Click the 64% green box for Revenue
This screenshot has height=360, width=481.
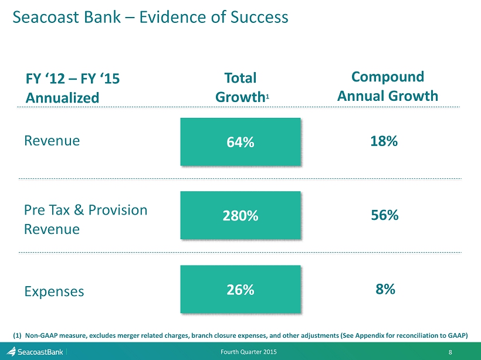click(240, 142)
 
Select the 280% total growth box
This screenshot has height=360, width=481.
click(240, 215)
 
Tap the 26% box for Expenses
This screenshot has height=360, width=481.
click(240, 289)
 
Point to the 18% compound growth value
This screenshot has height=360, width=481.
click(384, 141)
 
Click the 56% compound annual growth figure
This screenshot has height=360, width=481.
click(385, 215)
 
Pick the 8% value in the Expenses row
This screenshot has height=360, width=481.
click(385, 289)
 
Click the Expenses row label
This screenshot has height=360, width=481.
click(54, 291)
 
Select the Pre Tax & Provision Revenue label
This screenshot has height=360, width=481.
click(86, 219)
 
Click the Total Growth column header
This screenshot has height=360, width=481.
click(242, 87)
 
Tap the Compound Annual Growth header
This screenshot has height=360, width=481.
click(387, 86)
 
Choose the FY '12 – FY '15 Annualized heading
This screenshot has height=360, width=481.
click(72, 88)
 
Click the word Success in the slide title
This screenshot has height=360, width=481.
click(259, 17)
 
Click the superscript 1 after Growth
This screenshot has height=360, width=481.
click(267, 97)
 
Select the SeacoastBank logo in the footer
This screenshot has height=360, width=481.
click(35, 351)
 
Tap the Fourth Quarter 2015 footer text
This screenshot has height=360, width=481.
click(249, 352)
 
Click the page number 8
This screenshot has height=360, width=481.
click(450, 352)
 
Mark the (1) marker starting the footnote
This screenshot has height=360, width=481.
click(17, 335)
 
